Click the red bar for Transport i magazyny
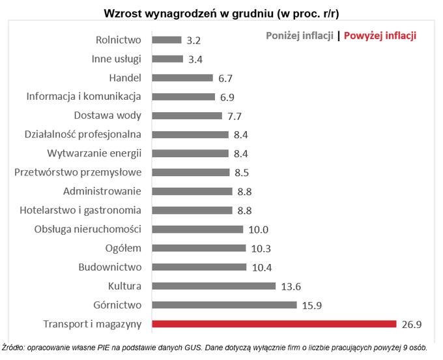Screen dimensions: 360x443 274,323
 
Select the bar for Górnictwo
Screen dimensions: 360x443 224,305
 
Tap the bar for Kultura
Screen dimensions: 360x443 213,286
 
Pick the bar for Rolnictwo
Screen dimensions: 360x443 166,40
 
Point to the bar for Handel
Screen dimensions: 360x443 182,78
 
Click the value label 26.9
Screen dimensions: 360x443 412,323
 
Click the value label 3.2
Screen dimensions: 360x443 193,40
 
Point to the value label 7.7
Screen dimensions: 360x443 235,115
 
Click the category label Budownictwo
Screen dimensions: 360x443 109,267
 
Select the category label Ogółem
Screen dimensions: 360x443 123,248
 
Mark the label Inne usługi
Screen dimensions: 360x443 117,59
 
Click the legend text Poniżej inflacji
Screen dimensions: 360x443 300,36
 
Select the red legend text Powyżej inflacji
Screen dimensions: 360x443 380,36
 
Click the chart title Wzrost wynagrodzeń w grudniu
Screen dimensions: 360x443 221,13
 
